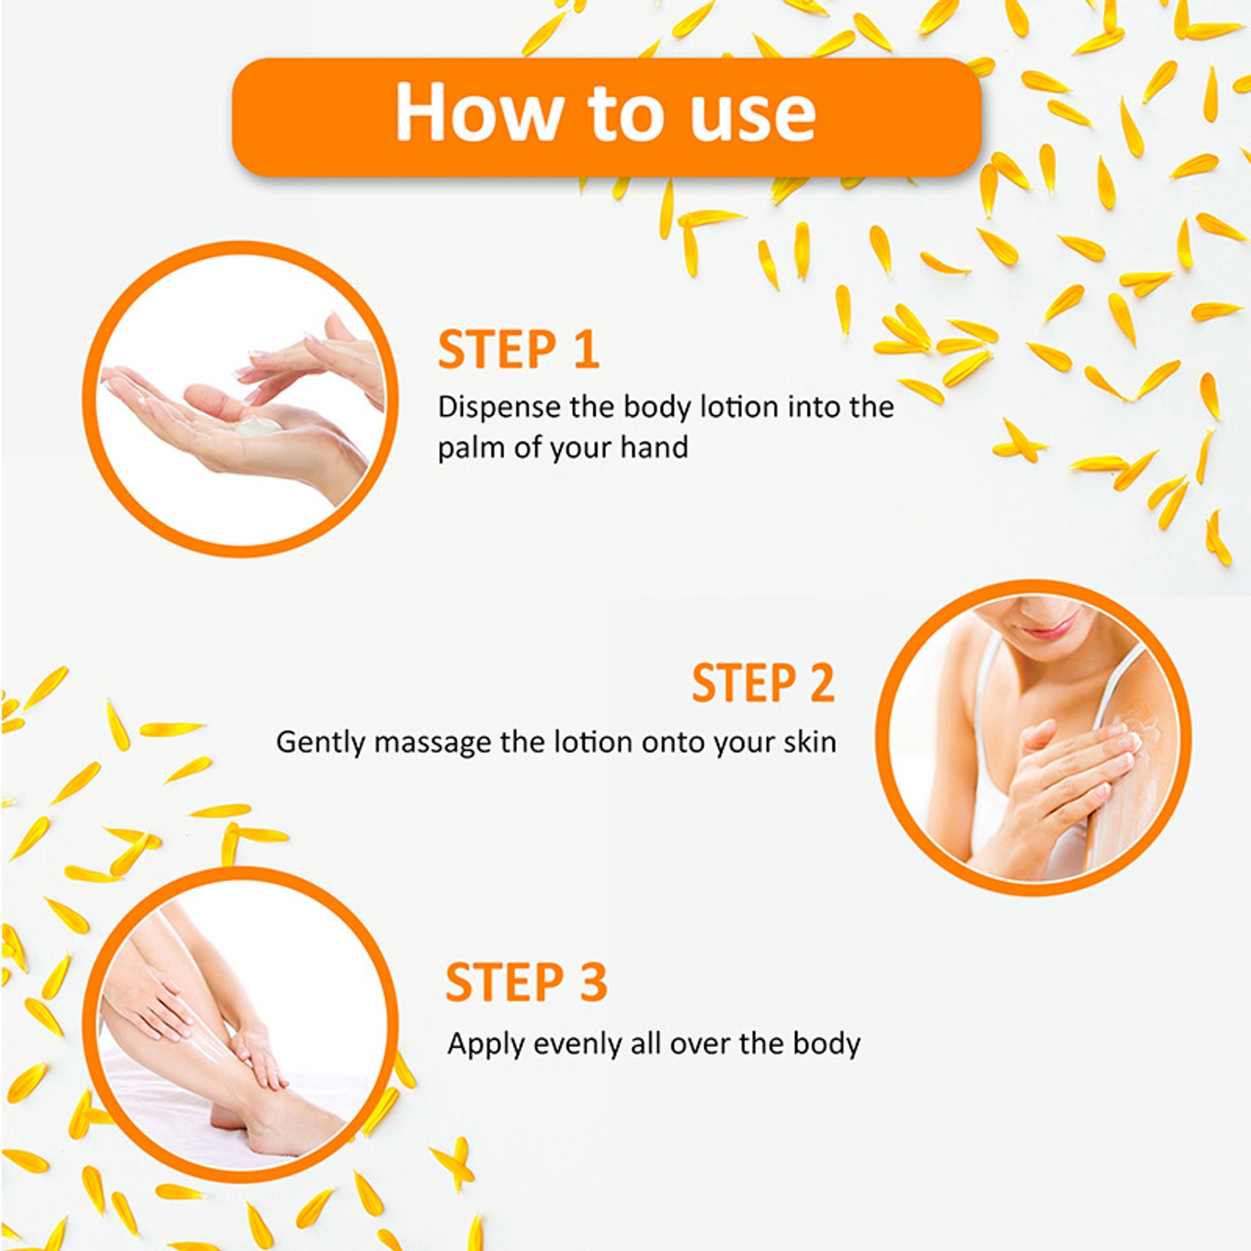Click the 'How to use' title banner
coord(607,116)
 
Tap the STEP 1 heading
coord(519,350)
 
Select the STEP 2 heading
coord(763,683)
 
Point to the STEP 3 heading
coord(527,982)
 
